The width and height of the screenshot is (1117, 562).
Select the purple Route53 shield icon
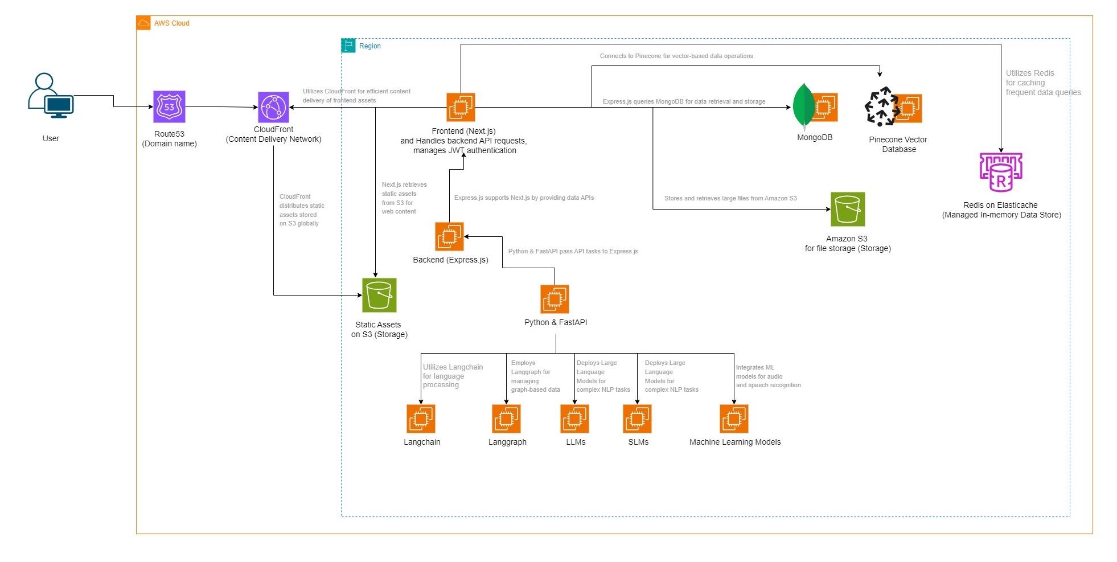tap(169, 106)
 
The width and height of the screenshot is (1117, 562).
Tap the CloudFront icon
tap(273, 107)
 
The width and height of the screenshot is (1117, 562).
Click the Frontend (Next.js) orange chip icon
tap(461, 107)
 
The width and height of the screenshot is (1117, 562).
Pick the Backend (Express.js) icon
tap(449, 236)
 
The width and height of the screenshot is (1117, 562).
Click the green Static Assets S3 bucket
tap(379, 295)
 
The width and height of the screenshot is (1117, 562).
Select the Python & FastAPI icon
tap(555, 299)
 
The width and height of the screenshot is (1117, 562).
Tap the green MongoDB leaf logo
tap(804, 106)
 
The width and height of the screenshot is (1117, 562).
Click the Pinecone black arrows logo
tap(881, 106)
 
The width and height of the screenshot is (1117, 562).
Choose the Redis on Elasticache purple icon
tap(1001, 173)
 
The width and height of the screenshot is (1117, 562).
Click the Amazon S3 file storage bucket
tap(848, 209)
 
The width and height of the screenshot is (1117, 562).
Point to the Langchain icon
tap(421, 419)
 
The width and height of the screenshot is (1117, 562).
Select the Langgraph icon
tap(506, 419)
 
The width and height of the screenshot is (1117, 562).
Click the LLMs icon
tap(574, 419)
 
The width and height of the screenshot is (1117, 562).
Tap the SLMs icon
tap(637, 419)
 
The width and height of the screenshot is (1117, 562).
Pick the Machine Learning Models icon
tap(734, 419)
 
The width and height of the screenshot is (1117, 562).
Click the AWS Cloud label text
tap(171, 23)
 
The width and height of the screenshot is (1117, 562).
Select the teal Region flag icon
tap(348, 46)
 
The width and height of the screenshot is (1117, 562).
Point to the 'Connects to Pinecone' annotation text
tap(676, 56)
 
